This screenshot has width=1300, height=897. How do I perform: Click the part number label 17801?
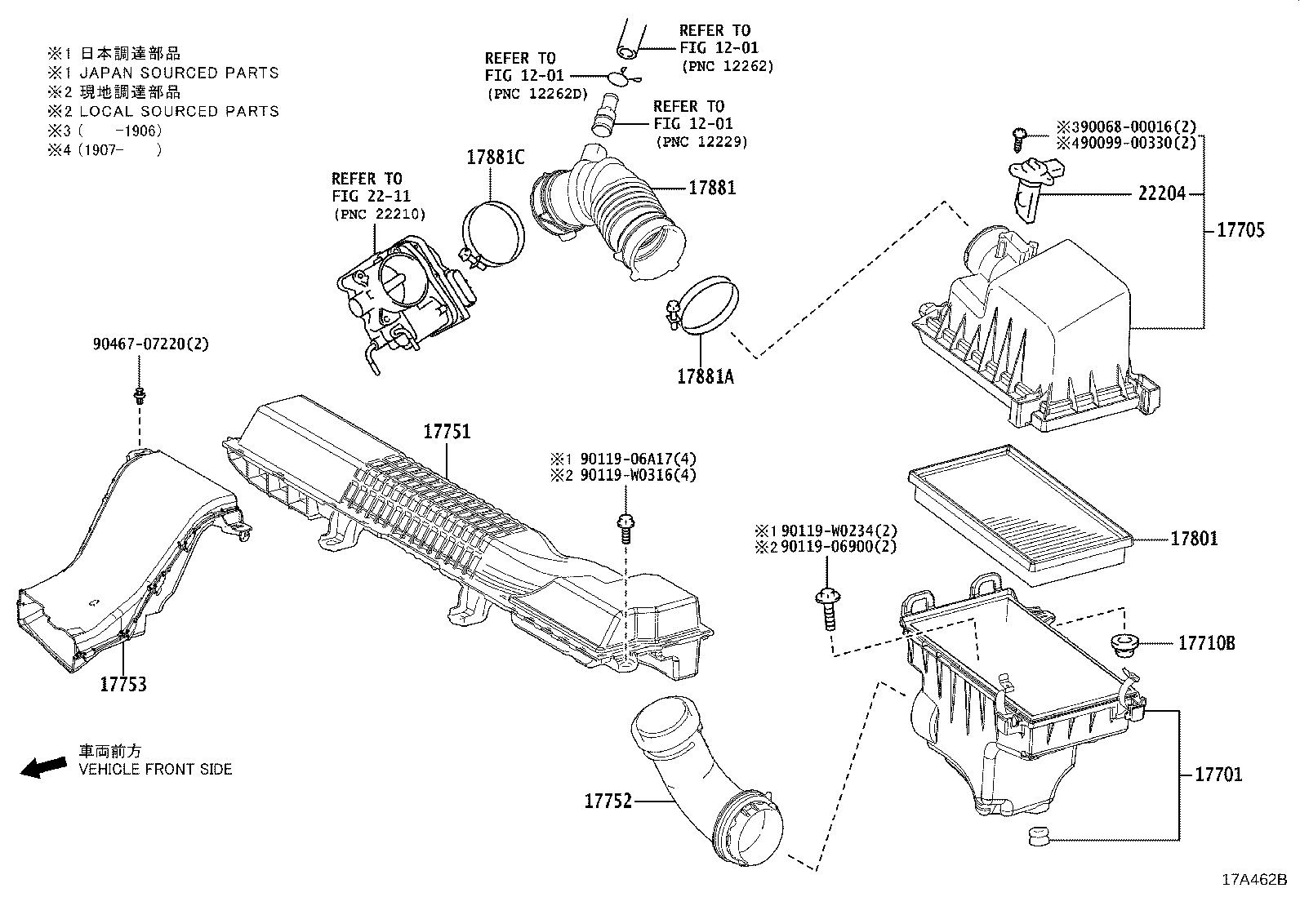[1194, 539]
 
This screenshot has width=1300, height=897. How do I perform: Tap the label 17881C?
[495, 158]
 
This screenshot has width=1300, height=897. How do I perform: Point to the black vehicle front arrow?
[42, 766]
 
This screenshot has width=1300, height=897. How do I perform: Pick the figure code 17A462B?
[1253, 879]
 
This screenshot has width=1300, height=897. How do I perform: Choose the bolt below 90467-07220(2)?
[140, 397]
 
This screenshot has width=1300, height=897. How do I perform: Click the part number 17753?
[122, 684]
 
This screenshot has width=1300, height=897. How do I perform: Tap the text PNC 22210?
[379, 214]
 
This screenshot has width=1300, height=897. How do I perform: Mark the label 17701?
[1218, 774]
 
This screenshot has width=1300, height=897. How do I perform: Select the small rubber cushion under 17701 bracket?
[1037, 837]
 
